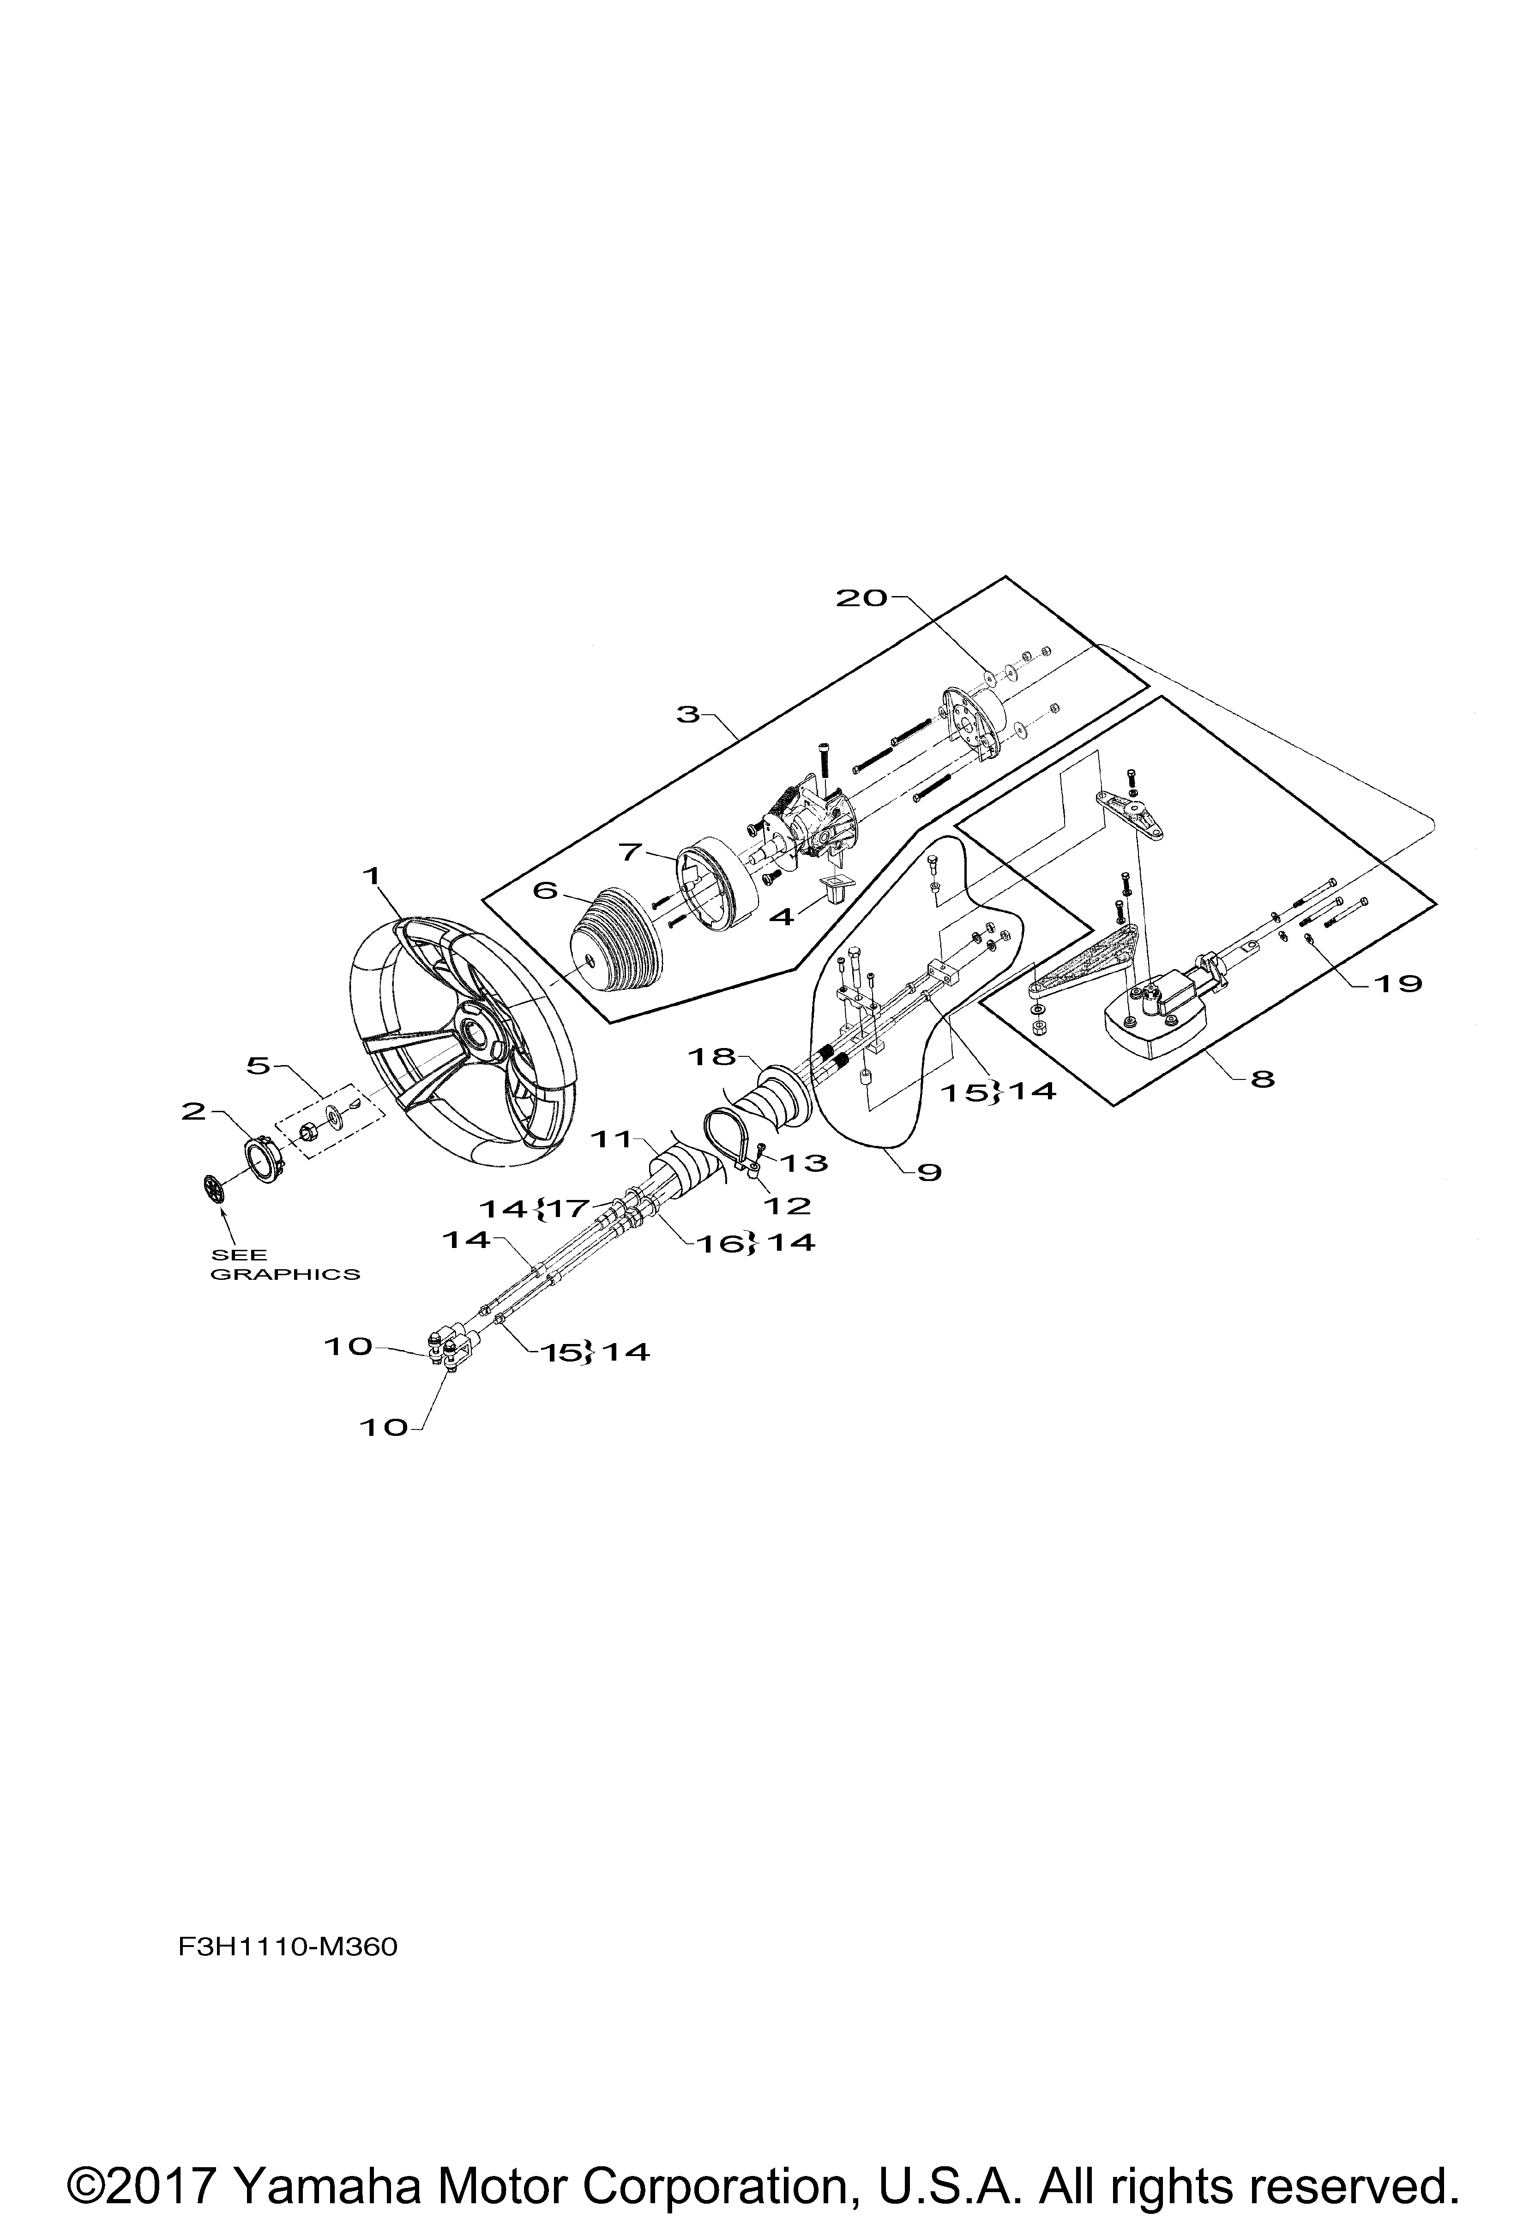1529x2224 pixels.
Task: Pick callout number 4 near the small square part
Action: pyautogui.click(x=783, y=917)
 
